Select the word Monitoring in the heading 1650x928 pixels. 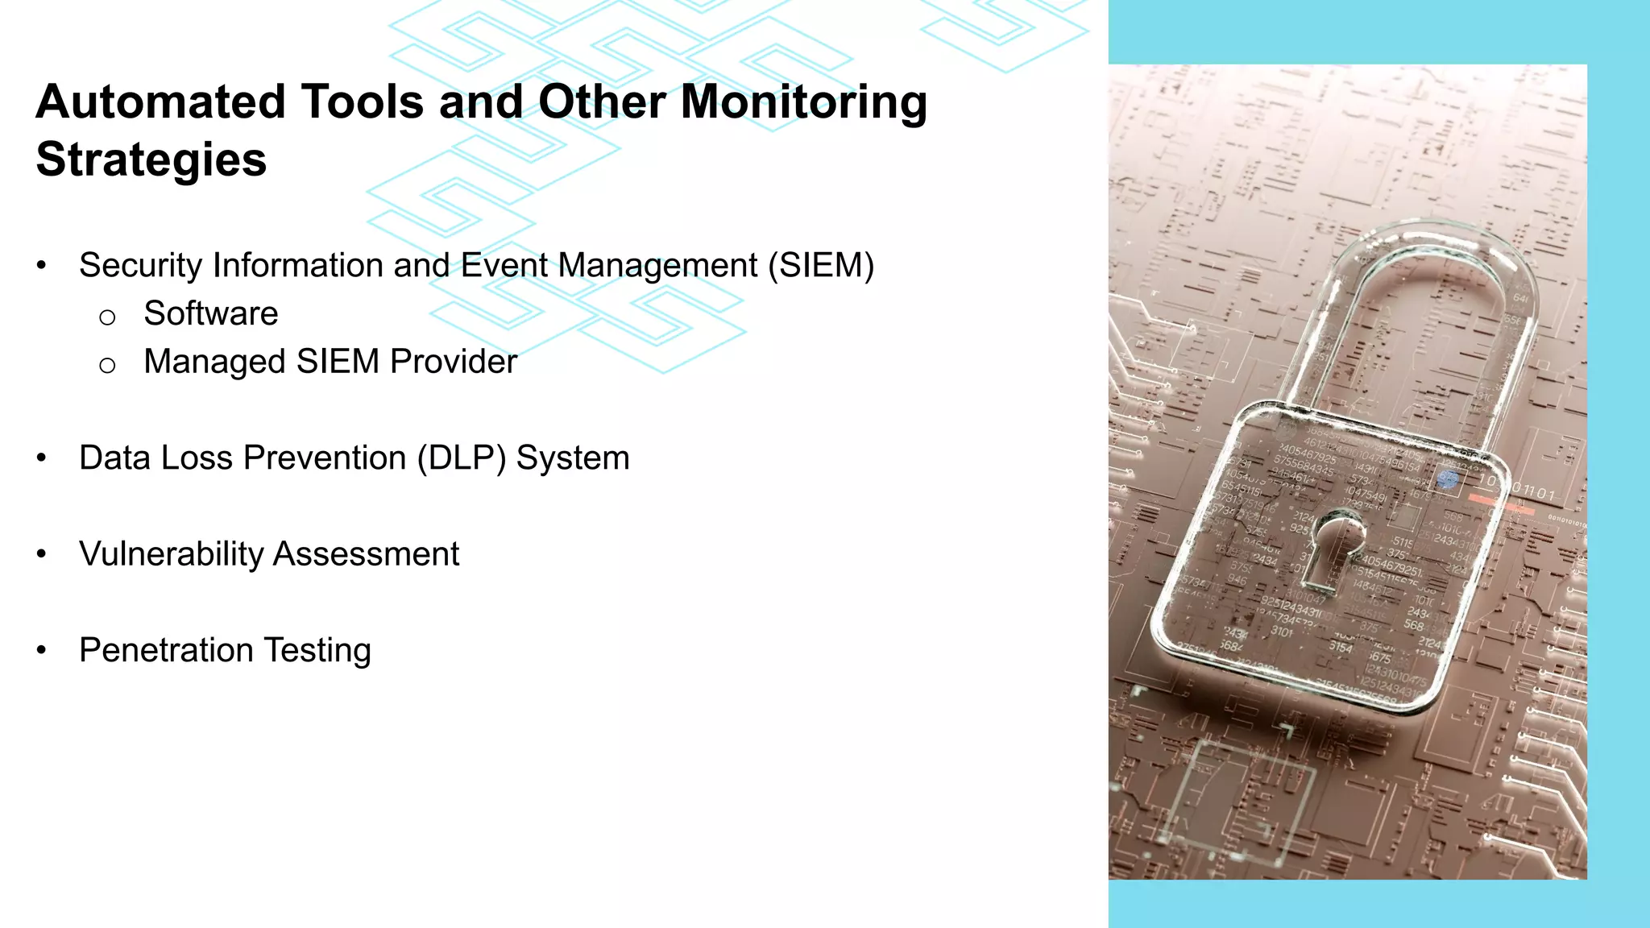[x=804, y=102]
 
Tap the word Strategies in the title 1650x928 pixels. [x=151, y=159]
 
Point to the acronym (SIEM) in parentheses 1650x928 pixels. [x=820, y=265]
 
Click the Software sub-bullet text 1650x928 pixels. [x=211, y=313]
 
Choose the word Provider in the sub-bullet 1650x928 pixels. [x=453, y=362]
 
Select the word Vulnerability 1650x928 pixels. [x=171, y=554]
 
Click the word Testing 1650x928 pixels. [x=317, y=650]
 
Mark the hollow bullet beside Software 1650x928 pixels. [x=107, y=317]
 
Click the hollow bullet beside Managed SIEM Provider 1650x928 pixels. [x=107, y=366]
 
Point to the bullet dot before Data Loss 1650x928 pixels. [x=42, y=458]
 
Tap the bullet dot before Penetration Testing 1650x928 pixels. [x=42, y=650]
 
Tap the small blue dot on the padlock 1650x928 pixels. [x=1448, y=481]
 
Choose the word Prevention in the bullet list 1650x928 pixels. [x=325, y=458]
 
